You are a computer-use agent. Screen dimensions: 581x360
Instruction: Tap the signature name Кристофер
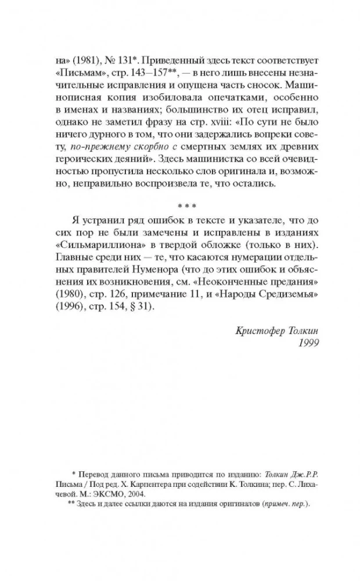click(257, 331)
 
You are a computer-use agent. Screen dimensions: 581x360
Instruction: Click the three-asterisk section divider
click(180, 206)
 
